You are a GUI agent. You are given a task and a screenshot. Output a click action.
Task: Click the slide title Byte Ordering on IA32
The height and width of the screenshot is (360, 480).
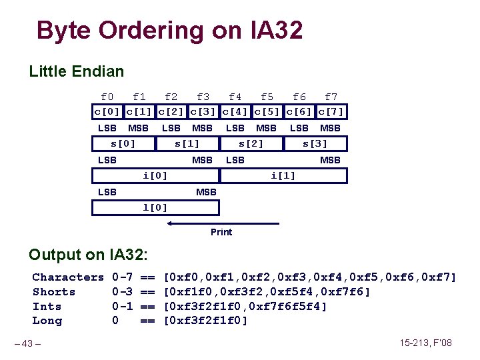(x=169, y=30)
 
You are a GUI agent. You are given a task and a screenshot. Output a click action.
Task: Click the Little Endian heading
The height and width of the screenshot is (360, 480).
(x=76, y=71)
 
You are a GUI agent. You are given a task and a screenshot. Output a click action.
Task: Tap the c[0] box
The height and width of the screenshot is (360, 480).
(x=107, y=111)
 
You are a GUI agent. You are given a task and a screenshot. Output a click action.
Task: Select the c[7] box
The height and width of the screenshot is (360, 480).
(x=331, y=111)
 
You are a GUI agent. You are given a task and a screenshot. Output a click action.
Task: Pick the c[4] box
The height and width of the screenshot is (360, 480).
(x=235, y=111)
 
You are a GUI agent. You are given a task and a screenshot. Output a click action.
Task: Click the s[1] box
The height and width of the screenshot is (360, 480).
(x=187, y=143)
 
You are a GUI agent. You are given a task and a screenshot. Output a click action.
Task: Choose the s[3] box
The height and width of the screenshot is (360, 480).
(x=315, y=143)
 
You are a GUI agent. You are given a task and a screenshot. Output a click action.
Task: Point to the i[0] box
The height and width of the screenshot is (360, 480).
(x=155, y=175)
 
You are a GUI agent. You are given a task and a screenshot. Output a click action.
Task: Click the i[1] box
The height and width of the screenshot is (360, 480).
(x=283, y=175)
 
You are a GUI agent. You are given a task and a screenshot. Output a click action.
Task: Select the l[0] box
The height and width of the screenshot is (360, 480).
(x=155, y=207)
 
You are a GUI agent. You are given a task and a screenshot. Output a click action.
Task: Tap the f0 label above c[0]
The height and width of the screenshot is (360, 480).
(x=107, y=97)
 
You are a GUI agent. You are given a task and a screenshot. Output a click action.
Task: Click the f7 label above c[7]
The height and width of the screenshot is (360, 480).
(x=331, y=97)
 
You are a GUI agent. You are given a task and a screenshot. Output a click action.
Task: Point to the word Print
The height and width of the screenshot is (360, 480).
(x=221, y=232)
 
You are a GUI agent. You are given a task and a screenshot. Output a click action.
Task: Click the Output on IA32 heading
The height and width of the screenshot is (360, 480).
(x=88, y=255)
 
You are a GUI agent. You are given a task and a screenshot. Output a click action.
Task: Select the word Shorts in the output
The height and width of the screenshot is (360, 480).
(x=54, y=292)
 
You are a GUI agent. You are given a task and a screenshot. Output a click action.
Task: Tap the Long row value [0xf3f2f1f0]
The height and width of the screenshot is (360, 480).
(x=205, y=321)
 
